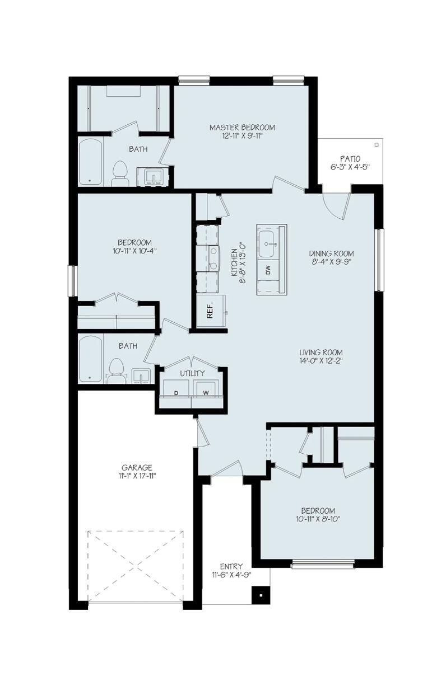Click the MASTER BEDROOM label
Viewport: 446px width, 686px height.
pos(242,128)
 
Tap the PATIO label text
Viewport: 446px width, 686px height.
pos(350,158)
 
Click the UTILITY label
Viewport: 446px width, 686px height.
pos(192,373)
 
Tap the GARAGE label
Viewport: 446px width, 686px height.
pos(137,468)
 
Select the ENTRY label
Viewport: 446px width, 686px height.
pos(231,567)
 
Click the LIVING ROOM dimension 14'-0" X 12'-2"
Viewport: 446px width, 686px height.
pos(328,361)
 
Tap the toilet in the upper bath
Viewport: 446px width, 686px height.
pos(120,173)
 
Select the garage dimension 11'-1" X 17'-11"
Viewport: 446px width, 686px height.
pos(137,476)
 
